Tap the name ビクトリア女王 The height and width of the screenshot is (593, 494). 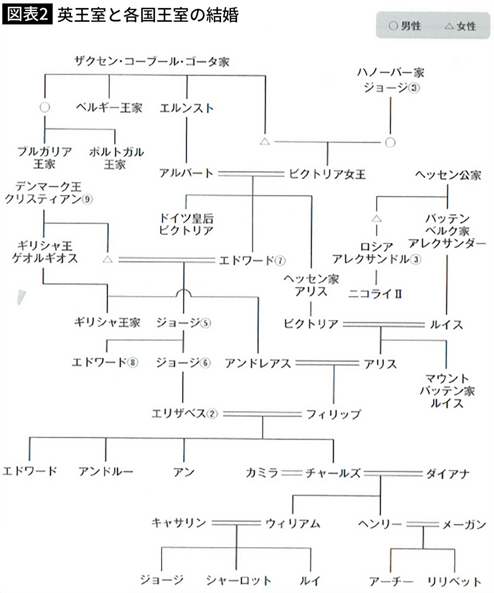(x=327, y=174)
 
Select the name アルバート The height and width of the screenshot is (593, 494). (x=186, y=173)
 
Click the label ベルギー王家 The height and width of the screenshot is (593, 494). (x=109, y=108)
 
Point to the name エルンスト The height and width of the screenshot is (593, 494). (x=187, y=108)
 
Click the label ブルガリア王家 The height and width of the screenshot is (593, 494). (x=45, y=157)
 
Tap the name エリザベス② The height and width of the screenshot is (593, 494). (x=184, y=413)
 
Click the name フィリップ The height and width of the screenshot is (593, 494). (x=333, y=414)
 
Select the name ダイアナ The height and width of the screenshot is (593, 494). (x=448, y=474)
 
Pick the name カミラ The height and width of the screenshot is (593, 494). (x=262, y=473)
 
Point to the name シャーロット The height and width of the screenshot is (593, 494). (x=239, y=580)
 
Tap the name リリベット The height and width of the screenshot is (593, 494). (x=454, y=582)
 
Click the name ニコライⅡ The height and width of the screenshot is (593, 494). (x=375, y=294)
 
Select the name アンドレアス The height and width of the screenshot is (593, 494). (x=258, y=364)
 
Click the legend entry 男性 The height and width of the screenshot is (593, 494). (x=405, y=26)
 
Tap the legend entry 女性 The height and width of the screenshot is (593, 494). (x=460, y=26)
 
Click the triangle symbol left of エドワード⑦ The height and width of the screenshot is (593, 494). (x=108, y=260)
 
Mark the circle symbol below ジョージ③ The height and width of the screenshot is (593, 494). (x=390, y=142)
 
